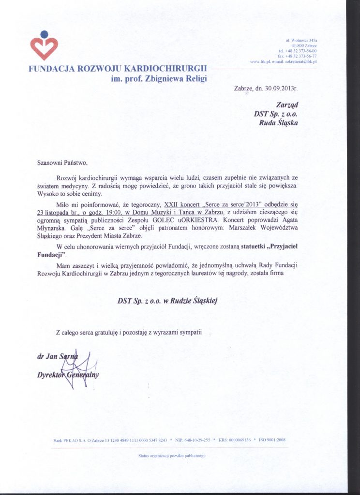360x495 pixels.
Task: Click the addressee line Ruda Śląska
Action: coord(279,122)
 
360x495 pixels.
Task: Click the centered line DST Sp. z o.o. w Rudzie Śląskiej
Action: coord(168,300)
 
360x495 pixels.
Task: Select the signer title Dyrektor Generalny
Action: coord(68,375)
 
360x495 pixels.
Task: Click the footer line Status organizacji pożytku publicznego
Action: coord(172,455)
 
